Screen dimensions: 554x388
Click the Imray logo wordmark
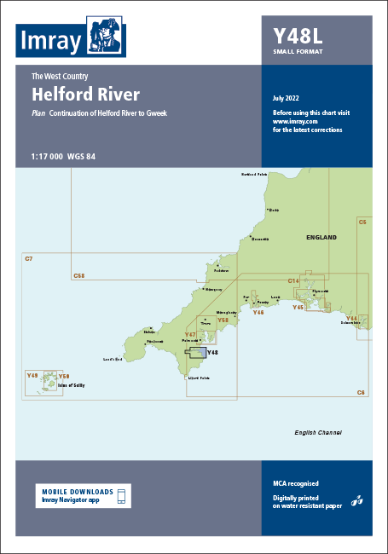49,40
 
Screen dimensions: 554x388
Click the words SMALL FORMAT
298,53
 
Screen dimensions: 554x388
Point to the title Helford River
85,94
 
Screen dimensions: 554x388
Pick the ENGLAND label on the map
320,237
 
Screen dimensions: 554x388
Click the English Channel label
317,433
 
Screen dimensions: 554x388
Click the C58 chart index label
79,275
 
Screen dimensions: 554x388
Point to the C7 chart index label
28,257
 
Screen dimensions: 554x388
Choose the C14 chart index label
293,280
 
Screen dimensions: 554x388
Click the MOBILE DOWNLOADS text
77,492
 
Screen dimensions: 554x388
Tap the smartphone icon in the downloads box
121,496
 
